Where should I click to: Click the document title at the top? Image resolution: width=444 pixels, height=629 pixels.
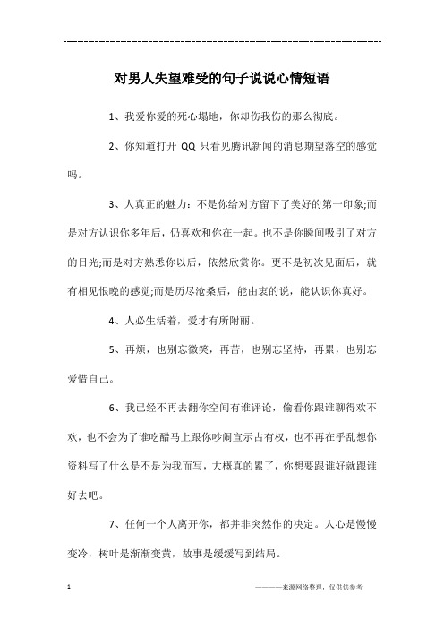coord(222,79)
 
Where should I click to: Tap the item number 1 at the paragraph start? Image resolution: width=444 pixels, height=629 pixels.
coord(110,116)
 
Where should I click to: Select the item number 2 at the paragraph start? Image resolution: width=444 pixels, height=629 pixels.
coord(110,145)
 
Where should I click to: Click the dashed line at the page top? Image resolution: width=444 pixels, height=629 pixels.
coord(222,41)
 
